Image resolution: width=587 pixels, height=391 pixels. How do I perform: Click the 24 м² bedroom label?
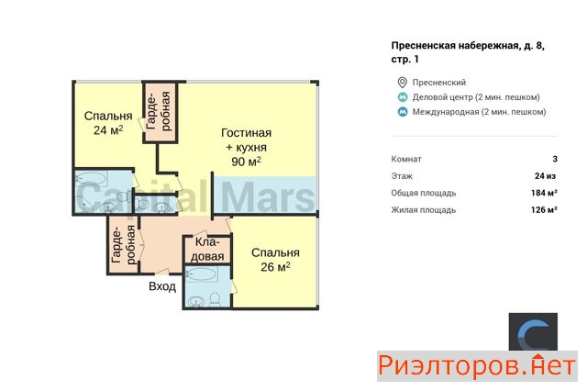pos(108,123)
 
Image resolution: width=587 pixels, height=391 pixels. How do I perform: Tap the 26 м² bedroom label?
pos(275,260)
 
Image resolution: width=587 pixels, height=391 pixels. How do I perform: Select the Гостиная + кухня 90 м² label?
pos(247,147)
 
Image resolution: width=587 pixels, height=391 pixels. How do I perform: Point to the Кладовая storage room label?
pos(207,250)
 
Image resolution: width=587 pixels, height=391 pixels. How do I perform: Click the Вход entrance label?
pos(162,286)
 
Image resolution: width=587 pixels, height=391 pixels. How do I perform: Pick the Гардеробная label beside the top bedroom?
pos(159,111)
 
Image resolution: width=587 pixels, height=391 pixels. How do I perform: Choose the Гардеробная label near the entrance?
pos(124,244)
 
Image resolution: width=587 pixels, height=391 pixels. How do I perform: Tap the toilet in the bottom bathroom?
pos(215,299)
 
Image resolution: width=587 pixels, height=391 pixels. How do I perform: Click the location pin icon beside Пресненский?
pos(402,83)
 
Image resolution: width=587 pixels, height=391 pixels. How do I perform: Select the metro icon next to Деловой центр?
pos(403,97)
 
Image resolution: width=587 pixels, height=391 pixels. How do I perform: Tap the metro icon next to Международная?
pos(403,112)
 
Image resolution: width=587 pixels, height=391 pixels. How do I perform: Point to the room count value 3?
pos(555,159)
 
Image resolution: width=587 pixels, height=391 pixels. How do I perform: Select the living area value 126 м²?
pos(544,210)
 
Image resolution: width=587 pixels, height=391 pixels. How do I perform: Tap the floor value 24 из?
pos(545,176)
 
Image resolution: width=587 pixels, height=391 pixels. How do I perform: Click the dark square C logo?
pos(533,332)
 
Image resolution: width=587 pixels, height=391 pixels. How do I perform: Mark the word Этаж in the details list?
pos(402,176)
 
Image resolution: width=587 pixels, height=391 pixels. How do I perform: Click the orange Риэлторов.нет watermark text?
pos(477,366)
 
